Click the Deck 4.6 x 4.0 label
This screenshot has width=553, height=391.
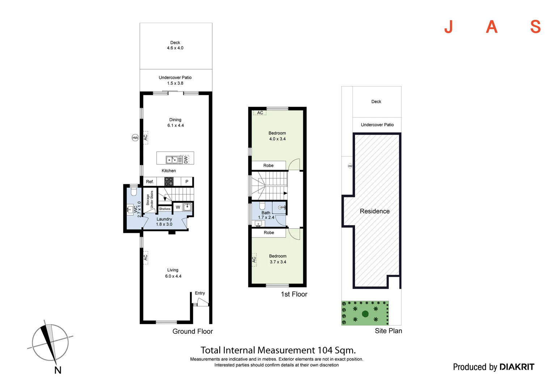click(175, 45)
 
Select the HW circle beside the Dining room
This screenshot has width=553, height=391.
click(135, 138)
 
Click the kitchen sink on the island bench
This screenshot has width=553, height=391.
click(172, 160)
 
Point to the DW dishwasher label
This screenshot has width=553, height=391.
click(186, 160)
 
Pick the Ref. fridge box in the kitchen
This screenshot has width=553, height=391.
click(150, 181)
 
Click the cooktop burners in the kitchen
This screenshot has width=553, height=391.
click(169, 181)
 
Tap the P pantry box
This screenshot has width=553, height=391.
click(187, 181)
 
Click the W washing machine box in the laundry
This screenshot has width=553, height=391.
click(178, 207)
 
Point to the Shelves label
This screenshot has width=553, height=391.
click(165, 209)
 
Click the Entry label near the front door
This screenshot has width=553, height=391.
click(200, 293)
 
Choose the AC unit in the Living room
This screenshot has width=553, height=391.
click(145, 257)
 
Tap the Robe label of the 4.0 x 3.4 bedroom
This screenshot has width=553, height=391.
click(269, 165)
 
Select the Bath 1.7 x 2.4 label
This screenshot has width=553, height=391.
click(266, 215)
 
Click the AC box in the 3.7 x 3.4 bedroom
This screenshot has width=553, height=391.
click(254, 260)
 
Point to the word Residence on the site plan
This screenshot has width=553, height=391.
click(375, 211)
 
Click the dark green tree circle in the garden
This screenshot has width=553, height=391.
click(365, 314)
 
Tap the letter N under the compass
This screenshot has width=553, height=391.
click(58, 370)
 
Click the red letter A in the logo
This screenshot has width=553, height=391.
click(491, 27)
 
